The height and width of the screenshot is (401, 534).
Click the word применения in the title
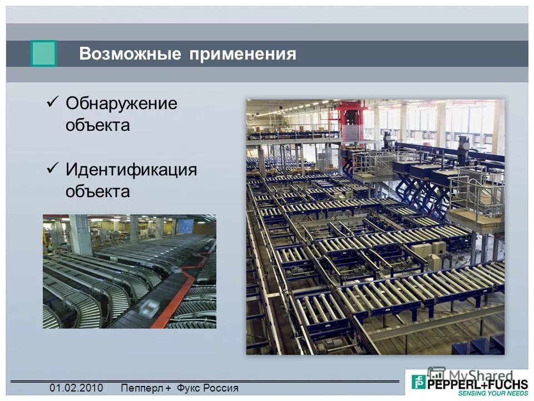click(x=242, y=54)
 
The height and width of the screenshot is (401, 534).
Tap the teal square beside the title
click(x=43, y=54)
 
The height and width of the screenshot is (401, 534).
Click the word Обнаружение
click(x=121, y=104)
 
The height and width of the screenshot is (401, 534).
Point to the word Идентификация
click(x=131, y=169)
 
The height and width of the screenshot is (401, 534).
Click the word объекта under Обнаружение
click(x=97, y=125)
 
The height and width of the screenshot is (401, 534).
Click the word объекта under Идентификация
click(x=97, y=192)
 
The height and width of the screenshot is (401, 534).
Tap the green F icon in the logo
click(x=418, y=382)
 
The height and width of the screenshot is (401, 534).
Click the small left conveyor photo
click(x=130, y=272)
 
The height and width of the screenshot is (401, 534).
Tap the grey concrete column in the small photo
click(x=80, y=234)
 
